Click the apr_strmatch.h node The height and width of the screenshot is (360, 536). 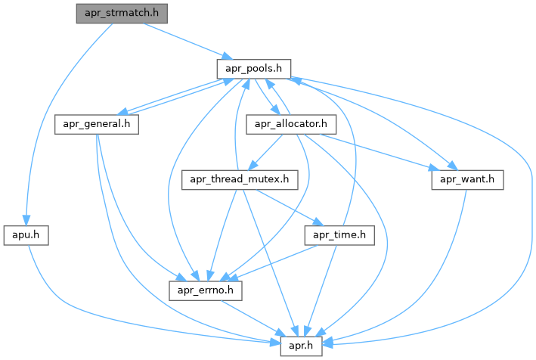click(122, 14)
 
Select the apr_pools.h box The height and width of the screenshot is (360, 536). click(254, 68)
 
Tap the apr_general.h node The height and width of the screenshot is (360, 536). click(97, 123)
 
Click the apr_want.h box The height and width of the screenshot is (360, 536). click(467, 180)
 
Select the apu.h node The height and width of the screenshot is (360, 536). click(26, 235)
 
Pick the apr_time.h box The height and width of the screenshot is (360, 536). click(339, 235)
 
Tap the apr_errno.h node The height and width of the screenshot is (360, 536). click(204, 290)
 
